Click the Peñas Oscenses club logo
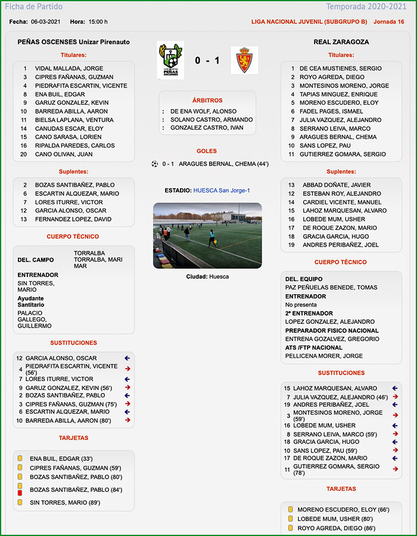pyautogui.click(x=170, y=60)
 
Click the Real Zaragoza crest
pyautogui.click(x=244, y=60)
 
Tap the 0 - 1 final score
pyautogui.click(x=207, y=60)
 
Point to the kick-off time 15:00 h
pyautogui.click(x=98, y=21)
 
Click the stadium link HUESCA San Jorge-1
pyautogui.click(x=222, y=191)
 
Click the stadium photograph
pyautogui.click(x=207, y=235)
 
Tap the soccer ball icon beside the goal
pyautogui.click(x=155, y=164)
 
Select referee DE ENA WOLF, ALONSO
pyautogui.click(x=203, y=111)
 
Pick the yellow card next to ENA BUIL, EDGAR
pyautogui.click(x=20, y=459)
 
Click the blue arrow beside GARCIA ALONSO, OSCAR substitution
pyautogui.click(x=127, y=358)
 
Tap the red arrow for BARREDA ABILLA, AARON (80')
pyautogui.click(x=127, y=420)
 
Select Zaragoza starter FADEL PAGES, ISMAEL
pyautogui.click(x=331, y=111)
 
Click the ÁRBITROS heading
pyautogui.click(x=207, y=100)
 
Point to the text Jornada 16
pyautogui.click(x=388, y=21)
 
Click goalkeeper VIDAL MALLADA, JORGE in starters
pyautogui.click(x=69, y=68)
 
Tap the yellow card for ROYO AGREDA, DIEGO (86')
pyautogui.click(x=291, y=528)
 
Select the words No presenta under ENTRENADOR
pyautogui.click(x=301, y=304)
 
